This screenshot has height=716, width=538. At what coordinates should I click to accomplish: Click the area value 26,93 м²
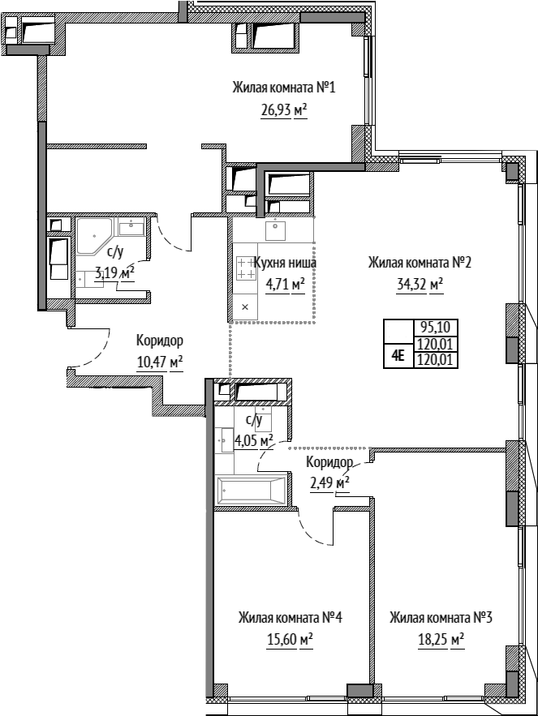click(283, 110)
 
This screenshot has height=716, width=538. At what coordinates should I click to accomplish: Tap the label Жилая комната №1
click(284, 88)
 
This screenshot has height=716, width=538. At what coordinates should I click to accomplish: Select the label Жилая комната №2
click(420, 263)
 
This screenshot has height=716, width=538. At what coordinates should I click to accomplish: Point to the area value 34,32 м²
click(420, 285)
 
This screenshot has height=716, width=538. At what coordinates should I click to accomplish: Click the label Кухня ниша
click(284, 263)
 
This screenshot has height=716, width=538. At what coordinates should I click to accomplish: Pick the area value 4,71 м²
click(285, 285)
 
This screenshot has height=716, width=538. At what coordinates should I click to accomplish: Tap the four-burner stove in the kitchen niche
click(245, 268)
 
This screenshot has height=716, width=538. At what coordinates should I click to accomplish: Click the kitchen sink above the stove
click(275, 230)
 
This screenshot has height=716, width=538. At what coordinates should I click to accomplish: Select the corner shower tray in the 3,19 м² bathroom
click(93, 236)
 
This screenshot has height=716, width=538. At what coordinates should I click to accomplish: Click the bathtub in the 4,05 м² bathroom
click(251, 491)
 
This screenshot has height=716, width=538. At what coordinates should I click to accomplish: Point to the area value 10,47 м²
click(160, 363)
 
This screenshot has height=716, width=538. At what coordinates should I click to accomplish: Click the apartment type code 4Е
click(398, 356)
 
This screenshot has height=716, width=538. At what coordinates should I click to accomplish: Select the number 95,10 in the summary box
click(435, 327)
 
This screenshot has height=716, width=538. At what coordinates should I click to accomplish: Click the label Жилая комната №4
click(290, 618)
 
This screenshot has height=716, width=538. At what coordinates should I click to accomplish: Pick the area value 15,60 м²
click(290, 640)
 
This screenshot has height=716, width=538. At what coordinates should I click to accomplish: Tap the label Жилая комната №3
click(441, 618)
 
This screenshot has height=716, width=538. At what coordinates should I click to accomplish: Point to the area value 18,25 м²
click(441, 640)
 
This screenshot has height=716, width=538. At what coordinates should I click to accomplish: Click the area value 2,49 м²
click(330, 483)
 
